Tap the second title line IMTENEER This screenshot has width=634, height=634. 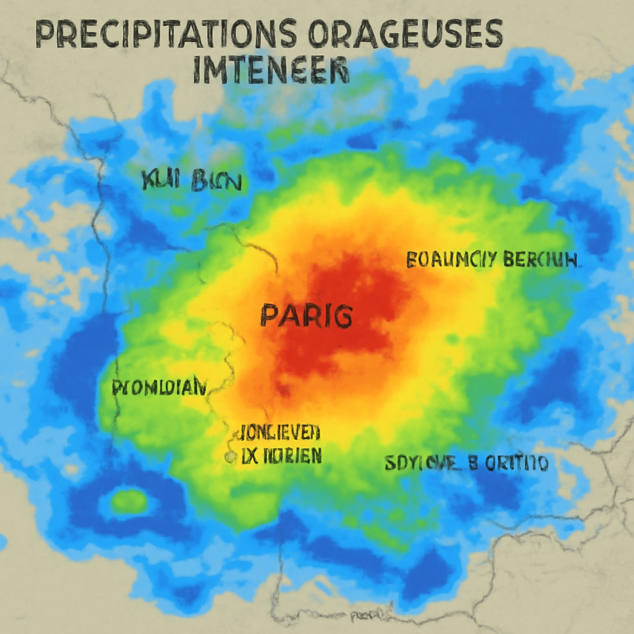(271, 71)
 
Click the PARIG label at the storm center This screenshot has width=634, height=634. (306, 316)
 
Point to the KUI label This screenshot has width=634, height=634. (160, 182)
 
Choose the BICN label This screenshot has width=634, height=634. (216, 182)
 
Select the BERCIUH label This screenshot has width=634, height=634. (540, 259)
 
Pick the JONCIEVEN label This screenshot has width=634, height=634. (279, 431)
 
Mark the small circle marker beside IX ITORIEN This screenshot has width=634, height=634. (230, 458)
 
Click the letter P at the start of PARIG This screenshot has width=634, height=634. (269, 316)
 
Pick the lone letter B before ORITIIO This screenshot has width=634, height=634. (474, 462)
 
